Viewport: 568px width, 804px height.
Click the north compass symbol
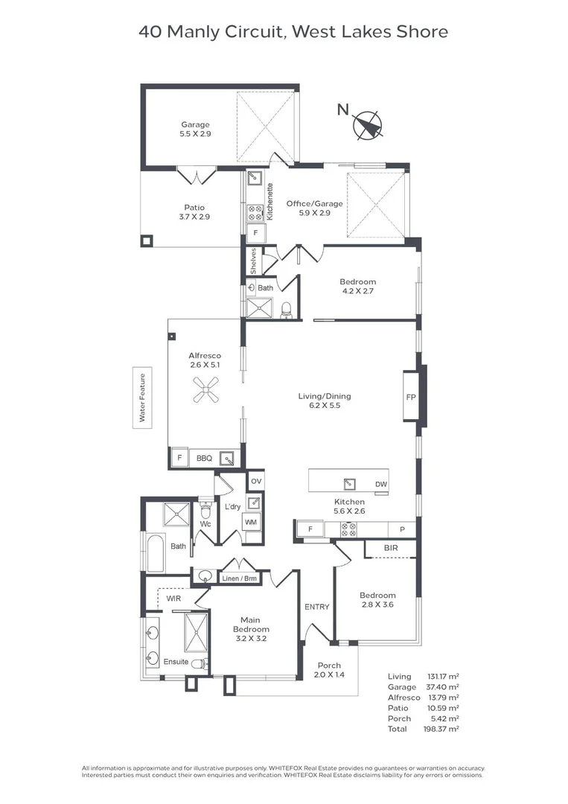click(x=367, y=125)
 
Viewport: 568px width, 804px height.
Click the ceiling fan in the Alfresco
click(x=205, y=389)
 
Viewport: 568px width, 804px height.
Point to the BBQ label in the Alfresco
click(x=204, y=459)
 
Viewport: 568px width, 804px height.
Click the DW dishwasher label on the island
click(x=380, y=484)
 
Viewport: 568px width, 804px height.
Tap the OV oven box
click(x=255, y=480)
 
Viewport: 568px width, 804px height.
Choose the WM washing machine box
click(x=252, y=523)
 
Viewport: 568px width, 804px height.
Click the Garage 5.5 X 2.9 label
click(x=195, y=130)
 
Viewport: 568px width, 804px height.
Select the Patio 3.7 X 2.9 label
click(x=194, y=212)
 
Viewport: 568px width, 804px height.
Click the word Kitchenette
click(x=270, y=201)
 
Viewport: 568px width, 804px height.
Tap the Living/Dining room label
click(x=324, y=401)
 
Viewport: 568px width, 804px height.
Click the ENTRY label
click(x=316, y=607)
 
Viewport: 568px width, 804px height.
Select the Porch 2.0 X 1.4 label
click(x=328, y=670)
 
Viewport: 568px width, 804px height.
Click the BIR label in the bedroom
click(x=390, y=548)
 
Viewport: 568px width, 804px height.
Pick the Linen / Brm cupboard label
click(x=240, y=578)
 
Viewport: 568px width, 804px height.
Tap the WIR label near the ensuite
click(x=173, y=598)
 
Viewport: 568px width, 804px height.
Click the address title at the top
click(x=284, y=31)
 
